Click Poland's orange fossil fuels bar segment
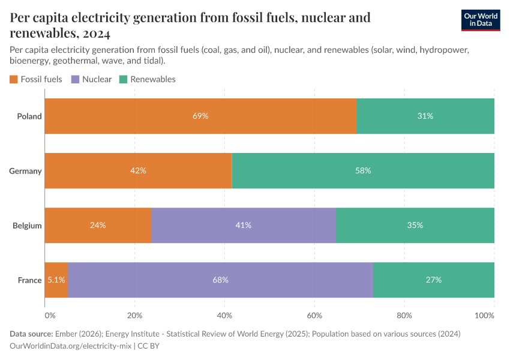pos(200,116)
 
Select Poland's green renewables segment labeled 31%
pos(425,116)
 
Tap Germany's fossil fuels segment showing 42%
pos(138,170)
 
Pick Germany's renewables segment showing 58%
pos(363,170)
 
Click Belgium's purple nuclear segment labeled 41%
pos(243,225)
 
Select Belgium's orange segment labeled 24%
pos(98,225)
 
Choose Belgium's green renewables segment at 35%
pos(415,225)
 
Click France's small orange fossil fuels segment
pos(57,280)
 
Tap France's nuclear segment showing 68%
pos(220,280)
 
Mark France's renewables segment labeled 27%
pos(433,280)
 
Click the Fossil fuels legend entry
pos(36,79)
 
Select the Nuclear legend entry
pos(91,79)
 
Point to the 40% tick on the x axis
pos(224,315)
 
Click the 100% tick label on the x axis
pos(493,315)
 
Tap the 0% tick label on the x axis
pos(50,315)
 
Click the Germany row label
pos(25,171)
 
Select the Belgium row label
pos(27,226)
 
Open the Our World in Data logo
pos(480,20)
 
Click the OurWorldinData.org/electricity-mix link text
pos(70,346)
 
